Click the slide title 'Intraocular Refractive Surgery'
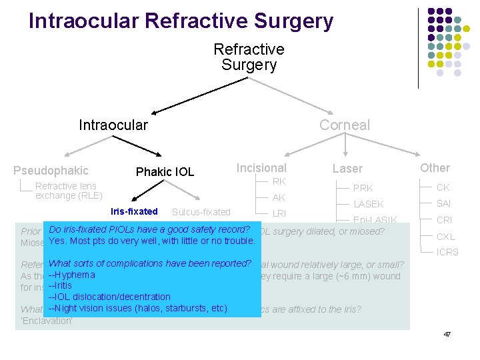pos(181,21)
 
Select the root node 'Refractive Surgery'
pos(249,57)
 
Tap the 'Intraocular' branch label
pos(113,125)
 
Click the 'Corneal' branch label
pos(344,125)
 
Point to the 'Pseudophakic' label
pos(51,171)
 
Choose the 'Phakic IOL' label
pos(165,172)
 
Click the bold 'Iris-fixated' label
pos(134,212)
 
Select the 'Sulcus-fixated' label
pos(201,213)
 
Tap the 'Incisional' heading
pos(261,168)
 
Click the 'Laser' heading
pos(347,169)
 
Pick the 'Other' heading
pos(435,168)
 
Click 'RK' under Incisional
pos(279,181)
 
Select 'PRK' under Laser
pos(363,189)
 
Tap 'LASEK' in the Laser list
pos(368,205)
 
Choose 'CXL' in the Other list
pos(445,237)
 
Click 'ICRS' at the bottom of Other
pos(447,253)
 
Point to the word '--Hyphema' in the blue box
pos(72,275)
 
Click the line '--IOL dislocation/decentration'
pos(110,297)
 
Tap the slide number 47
pos(447,333)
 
